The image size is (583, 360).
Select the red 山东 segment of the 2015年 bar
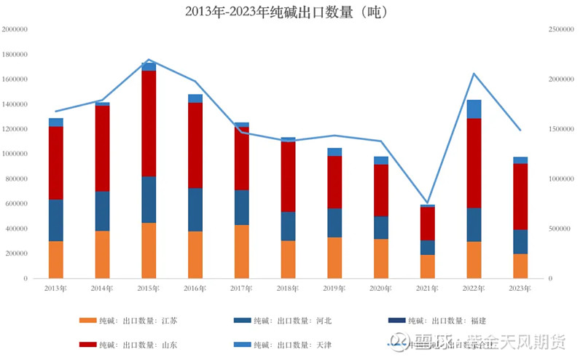coord(149,124)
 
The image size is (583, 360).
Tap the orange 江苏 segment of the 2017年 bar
coord(242,251)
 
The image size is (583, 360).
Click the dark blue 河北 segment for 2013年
coord(55,220)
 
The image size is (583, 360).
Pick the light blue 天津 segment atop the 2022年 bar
coord(474,109)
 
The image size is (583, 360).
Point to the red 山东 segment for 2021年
coord(428,224)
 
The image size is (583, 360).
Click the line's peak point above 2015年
coord(149,60)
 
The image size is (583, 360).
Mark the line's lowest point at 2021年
coord(428,203)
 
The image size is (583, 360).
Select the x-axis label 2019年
coord(335,289)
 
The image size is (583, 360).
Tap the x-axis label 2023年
coord(521,289)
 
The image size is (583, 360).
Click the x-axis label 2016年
coord(195,289)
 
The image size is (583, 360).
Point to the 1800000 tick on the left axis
coord(15,55)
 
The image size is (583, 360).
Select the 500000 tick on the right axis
coord(562,229)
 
